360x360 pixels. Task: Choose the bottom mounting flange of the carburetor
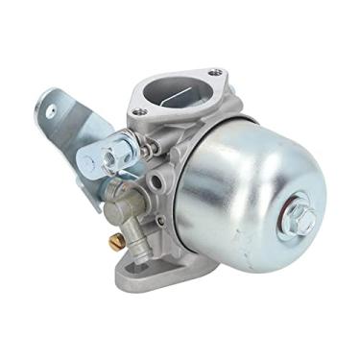click(144, 274)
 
